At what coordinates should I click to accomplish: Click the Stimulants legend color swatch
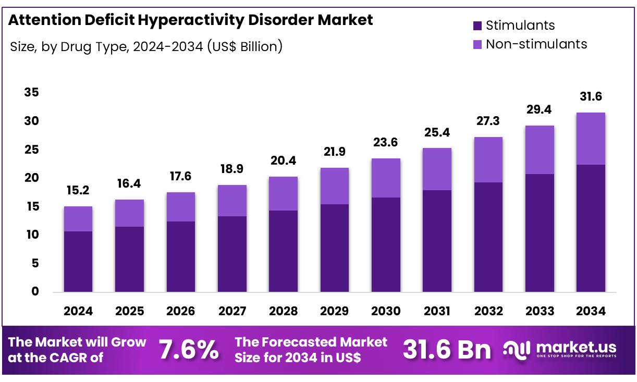[x=477, y=26]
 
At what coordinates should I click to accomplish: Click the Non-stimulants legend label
[x=536, y=44]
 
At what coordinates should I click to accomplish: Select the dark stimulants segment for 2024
[x=78, y=261]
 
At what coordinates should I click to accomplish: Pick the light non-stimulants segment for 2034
[x=591, y=139]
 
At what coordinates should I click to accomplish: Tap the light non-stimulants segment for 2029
[x=334, y=186]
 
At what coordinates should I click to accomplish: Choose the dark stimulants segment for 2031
[x=437, y=241]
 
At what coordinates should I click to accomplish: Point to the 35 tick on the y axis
[x=31, y=93]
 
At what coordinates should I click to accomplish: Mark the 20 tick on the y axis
[x=31, y=178]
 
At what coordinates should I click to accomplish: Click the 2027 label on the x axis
[x=232, y=311]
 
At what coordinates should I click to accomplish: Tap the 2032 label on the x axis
[x=488, y=311]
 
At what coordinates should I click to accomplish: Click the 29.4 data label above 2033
[x=540, y=109]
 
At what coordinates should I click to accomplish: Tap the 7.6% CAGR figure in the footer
[x=189, y=350]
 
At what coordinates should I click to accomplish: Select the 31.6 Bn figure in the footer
[x=446, y=350]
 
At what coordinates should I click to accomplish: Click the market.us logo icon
[x=517, y=350]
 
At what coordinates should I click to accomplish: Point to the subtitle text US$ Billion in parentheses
[x=244, y=46]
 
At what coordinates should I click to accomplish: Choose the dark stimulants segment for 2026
[x=181, y=256]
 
